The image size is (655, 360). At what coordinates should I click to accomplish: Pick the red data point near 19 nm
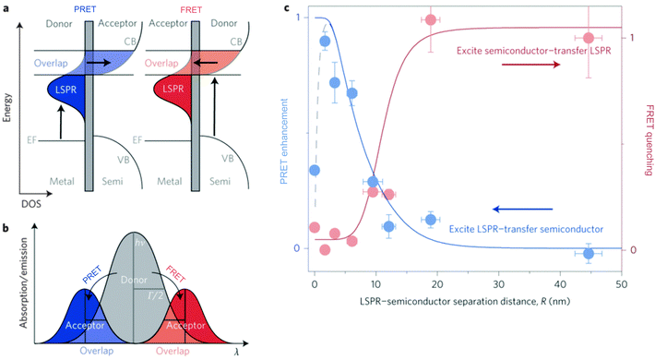pos(430,20)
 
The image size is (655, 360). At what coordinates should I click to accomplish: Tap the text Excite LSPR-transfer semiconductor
pos(527,228)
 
